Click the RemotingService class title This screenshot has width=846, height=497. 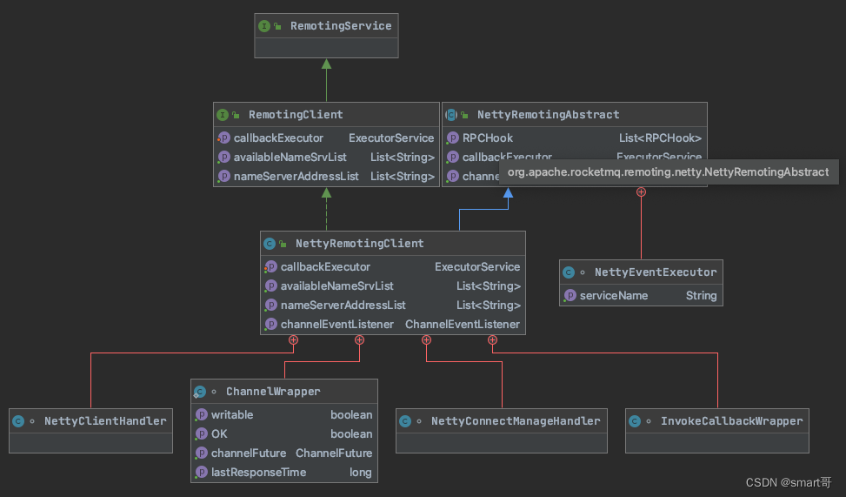coord(341,26)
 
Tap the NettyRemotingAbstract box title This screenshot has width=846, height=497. coord(548,114)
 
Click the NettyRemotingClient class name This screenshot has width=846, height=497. coord(359,243)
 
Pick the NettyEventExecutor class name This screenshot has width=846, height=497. coord(656,272)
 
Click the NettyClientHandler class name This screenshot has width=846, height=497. coord(105,420)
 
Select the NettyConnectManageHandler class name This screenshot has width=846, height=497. coord(516,420)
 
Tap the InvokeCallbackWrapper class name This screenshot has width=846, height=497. coord(731,420)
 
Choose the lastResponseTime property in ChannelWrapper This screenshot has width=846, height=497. coord(258,472)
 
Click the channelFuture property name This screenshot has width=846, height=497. coord(248,453)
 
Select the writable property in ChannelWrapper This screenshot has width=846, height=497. coord(232,414)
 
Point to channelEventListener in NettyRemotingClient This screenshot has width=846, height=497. coord(337,324)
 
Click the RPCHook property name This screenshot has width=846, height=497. coord(488,138)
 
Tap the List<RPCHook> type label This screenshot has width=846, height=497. coord(660,138)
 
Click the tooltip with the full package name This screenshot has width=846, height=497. coord(668,171)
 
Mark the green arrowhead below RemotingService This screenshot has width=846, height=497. coord(326,64)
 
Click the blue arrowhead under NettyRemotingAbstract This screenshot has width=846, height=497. coord(508,192)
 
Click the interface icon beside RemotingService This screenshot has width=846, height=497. coord(264,26)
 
